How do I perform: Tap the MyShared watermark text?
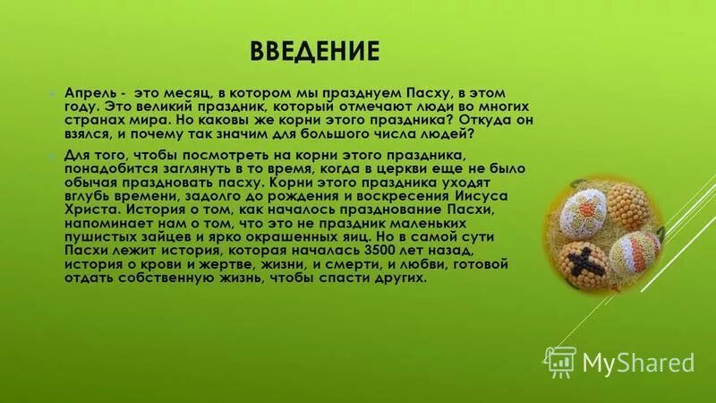[639, 362]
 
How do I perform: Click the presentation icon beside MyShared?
[562, 361]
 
